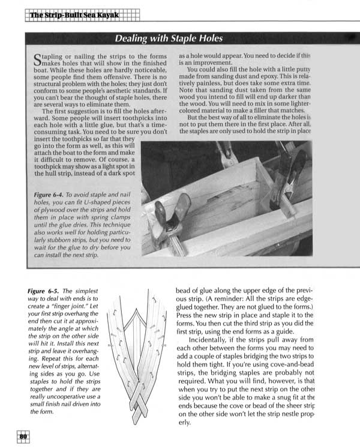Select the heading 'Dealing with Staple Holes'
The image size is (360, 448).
[169, 40]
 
